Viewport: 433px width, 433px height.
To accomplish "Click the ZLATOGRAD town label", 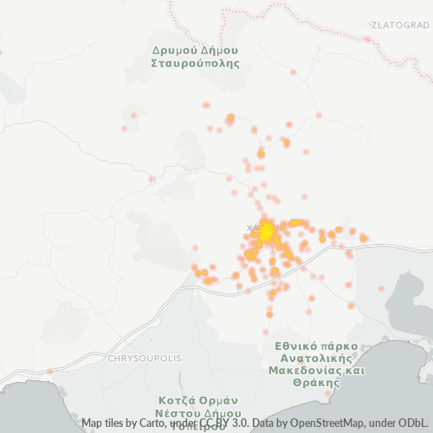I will tap(399, 24).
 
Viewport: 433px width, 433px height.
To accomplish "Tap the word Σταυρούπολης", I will tap(194, 63).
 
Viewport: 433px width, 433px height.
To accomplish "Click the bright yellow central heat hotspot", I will tap(267, 229).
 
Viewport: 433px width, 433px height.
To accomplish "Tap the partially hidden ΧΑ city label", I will tap(252, 229).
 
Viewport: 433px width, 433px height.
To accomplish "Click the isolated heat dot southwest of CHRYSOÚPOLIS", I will tap(49, 372).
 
